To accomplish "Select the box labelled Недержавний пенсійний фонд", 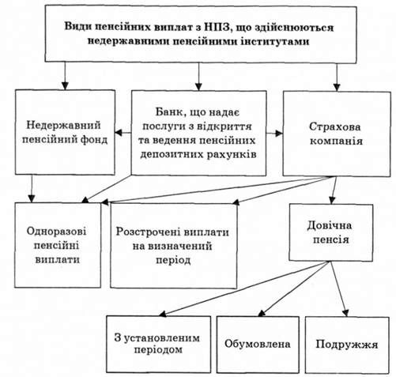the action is [x=65, y=132].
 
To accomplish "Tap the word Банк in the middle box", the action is [x=168, y=112].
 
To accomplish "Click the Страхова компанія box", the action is [x=337, y=134].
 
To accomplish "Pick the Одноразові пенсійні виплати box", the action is [x=58, y=245].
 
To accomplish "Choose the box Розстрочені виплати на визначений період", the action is [x=174, y=246].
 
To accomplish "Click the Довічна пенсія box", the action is [x=331, y=232].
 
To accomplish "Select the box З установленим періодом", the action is [x=159, y=345].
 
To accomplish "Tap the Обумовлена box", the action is [x=258, y=345].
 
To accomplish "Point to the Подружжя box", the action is [x=347, y=345].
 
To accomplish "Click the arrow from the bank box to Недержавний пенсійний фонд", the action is [x=123, y=133].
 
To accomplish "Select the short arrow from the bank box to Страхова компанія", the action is [x=274, y=134].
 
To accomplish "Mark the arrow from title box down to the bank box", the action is [x=198, y=77].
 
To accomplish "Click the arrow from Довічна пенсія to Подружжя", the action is [x=339, y=288].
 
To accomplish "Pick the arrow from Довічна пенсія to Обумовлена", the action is [x=294, y=288].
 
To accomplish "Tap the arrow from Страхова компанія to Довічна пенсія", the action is [x=334, y=190].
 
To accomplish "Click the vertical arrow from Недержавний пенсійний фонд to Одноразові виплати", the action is [x=32, y=189].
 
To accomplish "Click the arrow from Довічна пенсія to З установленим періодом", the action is [x=244, y=288].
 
